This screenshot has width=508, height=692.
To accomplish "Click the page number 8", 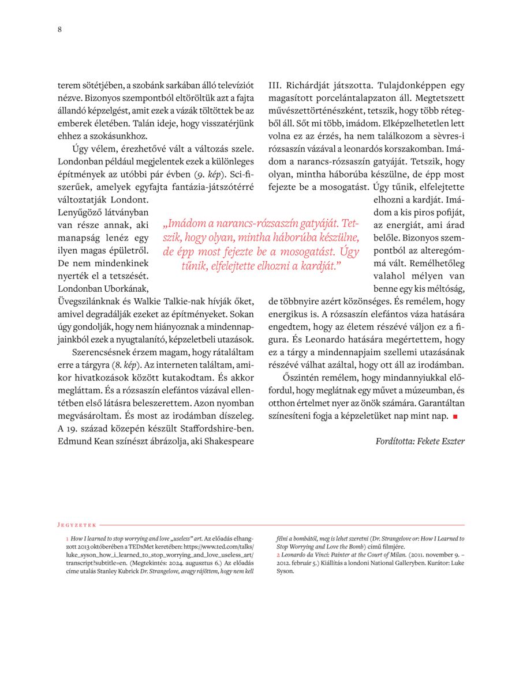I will pyautogui.click(x=59, y=30).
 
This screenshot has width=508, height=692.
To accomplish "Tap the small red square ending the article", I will pyautogui.click(x=455, y=416).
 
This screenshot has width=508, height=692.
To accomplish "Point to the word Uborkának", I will pyautogui.click(x=128, y=288).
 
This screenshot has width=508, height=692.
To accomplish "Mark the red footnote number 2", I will pyautogui.click(x=278, y=554).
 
